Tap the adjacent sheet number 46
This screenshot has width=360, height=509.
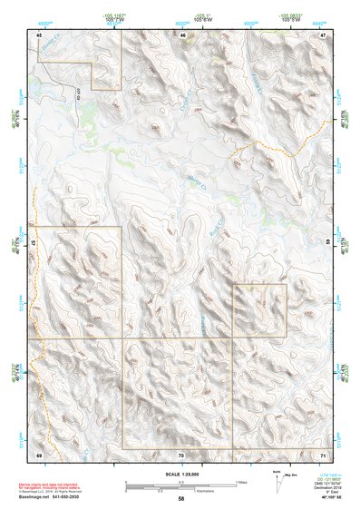pos(183,35)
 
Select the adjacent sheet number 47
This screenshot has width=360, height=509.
pos(323,35)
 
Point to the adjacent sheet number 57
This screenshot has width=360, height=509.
pos(34,243)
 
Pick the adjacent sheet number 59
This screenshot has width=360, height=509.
pos(327,243)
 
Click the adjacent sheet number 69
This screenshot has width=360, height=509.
pos(39,453)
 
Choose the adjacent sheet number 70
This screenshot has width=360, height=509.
pos(181,454)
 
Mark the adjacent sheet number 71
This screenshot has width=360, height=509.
pos(323,453)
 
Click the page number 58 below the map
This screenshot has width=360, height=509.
pos(181,499)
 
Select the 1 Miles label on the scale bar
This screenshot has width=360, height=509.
pos(240,481)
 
